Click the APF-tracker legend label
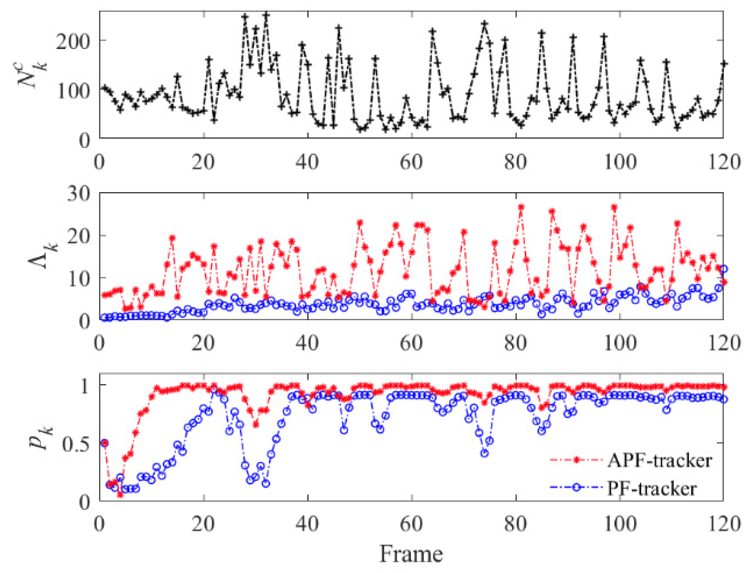[660, 460]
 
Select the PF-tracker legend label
[652, 488]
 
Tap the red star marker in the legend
[576, 460]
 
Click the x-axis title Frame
[411, 554]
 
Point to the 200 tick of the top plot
[73, 41]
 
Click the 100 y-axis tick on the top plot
[73, 91]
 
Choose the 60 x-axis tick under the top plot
[411, 162]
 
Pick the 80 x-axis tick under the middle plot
[515, 343]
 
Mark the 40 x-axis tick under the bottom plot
[307, 524]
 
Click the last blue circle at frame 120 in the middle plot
[723, 269]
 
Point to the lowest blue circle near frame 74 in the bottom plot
[484, 453]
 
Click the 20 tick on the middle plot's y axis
[79, 236]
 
